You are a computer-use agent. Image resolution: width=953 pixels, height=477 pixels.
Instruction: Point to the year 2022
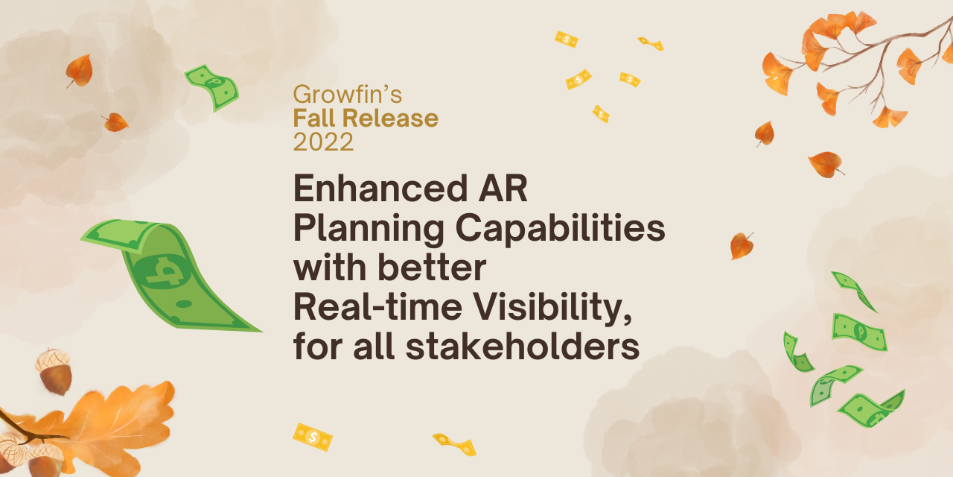click(x=323, y=142)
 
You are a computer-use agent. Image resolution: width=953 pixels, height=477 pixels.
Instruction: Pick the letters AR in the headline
click(x=506, y=190)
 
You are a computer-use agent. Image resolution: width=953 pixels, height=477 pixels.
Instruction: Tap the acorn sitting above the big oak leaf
click(x=54, y=371)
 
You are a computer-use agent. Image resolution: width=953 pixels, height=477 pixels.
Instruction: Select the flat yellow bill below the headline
click(x=313, y=437)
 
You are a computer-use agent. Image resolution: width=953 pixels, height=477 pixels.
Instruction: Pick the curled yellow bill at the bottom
click(x=455, y=444)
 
